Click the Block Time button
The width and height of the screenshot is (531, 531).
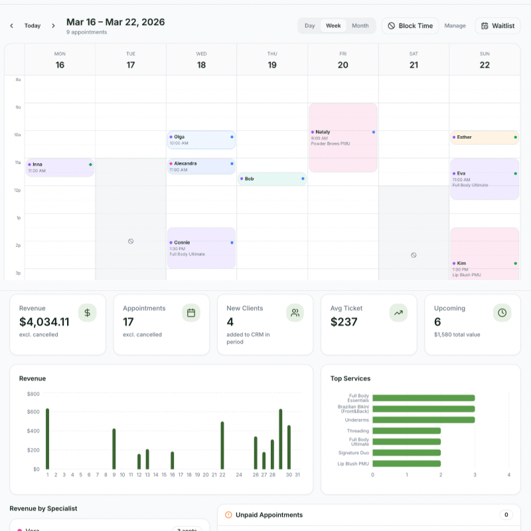tap(410, 26)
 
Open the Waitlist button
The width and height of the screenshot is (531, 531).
tap(498, 26)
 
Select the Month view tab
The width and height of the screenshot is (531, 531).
tap(360, 26)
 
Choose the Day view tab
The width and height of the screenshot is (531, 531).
tap(309, 26)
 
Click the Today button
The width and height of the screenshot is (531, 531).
tap(33, 26)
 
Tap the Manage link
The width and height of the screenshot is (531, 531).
tap(455, 26)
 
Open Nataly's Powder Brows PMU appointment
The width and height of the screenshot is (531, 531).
tap(342, 137)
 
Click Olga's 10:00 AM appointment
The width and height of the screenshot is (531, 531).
tap(201, 139)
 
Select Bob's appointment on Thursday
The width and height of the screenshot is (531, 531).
tap(271, 179)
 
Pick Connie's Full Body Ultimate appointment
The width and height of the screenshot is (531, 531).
tap(201, 248)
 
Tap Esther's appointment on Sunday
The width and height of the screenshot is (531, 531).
tap(484, 137)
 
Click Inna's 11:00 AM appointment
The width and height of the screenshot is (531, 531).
tap(60, 167)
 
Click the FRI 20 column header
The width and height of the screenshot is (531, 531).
tap(342, 60)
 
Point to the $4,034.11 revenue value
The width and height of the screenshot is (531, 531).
tap(44, 322)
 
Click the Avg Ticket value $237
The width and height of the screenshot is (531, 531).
tap(344, 322)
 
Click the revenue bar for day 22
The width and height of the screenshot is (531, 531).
tap(222, 445)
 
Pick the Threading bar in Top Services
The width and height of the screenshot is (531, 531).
tap(406, 431)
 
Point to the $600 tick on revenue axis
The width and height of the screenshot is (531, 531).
tap(33, 412)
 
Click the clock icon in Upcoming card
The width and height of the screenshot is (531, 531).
tap(502, 313)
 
